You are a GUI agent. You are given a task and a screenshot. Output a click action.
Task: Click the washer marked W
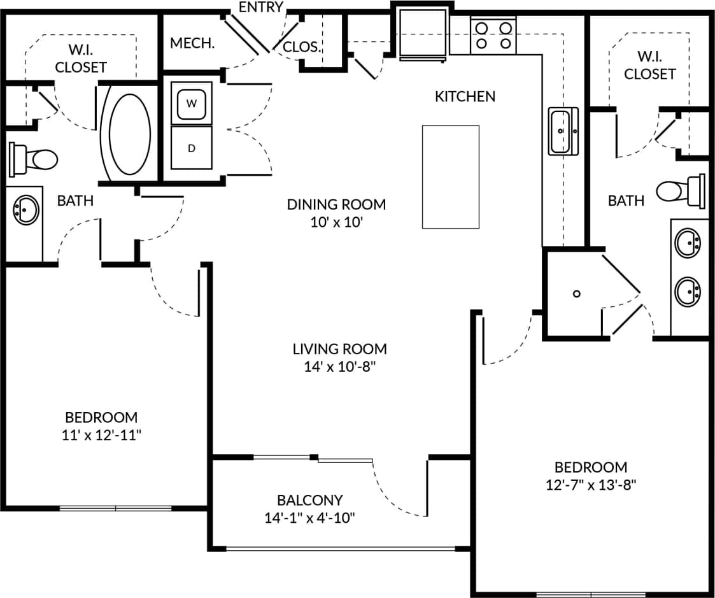[191, 104]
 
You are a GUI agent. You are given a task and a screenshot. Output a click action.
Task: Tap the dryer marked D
[191, 148]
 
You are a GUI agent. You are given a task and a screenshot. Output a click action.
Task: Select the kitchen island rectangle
[450, 176]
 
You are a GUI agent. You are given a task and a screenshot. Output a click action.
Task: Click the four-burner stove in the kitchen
[494, 36]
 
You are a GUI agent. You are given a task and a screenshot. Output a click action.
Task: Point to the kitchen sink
[562, 131]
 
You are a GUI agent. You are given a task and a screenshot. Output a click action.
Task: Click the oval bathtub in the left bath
[130, 134]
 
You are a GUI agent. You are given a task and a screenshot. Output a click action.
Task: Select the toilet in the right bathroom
[681, 190]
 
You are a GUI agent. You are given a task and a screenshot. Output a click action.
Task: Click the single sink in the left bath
[26, 209]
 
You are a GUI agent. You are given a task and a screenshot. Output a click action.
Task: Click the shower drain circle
[576, 294]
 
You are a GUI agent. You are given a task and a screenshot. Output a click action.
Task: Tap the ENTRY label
[260, 8]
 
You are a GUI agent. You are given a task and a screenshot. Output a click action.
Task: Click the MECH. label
[192, 44]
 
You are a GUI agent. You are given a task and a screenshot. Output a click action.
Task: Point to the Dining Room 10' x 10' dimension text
[336, 222]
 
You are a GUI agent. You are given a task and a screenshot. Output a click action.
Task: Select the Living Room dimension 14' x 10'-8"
[339, 367]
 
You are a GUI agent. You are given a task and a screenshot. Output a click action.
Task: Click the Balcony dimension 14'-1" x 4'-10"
[309, 518]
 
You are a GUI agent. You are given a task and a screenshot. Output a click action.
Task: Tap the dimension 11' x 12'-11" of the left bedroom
[101, 435]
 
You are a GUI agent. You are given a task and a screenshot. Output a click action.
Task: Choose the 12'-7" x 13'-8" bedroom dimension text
[591, 485]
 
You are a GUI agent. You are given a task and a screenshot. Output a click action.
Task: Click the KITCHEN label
[465, 96]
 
